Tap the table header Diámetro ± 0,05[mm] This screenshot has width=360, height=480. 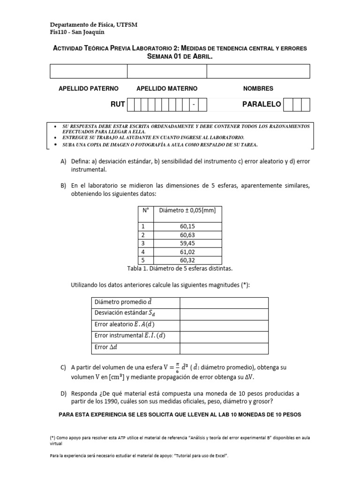pyautogui.click(x=187, y=210)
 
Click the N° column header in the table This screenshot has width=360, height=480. pyautogui.click(x=146, y=210)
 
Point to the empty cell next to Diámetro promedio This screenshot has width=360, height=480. pyautogui.click(x=224, y=302)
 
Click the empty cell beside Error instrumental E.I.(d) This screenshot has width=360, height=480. pyautogui.click(x=224, y=336)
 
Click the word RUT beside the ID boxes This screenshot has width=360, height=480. pyautogui.click(x=117, y=105)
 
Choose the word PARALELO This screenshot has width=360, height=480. pyautogui.click(x=261, y=105)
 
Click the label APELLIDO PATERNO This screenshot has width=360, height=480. pyautogui.click(x=88, y=89)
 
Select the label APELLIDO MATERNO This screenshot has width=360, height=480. pyautogui.click(x=166, y=89)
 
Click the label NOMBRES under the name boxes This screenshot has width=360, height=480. pyautogui.click(x=258, y=89)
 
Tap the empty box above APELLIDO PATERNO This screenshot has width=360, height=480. pyautogui.click(x=88, y=71)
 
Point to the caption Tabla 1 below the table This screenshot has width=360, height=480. pyautogui.click(x=180, y=269)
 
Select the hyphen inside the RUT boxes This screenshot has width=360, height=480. pyautogui.click(x=193, y=105)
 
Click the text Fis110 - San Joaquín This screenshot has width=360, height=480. pyautogui.click(x=77, y=32)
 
